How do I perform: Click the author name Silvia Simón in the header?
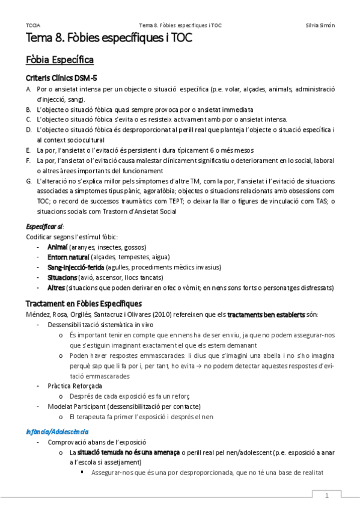320,25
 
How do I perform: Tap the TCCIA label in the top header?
33,25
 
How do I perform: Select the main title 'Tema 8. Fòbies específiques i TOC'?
109,40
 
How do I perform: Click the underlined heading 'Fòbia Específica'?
59,61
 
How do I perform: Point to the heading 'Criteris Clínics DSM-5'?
62,79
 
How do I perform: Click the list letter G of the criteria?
28,181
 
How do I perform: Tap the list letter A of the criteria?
28,89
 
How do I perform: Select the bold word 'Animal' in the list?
58,247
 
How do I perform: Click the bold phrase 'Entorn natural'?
68,257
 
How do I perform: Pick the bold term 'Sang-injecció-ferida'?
76,268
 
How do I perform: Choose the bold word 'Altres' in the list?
56,287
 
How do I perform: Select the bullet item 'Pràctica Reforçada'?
75,385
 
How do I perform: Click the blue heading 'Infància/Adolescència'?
58,431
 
